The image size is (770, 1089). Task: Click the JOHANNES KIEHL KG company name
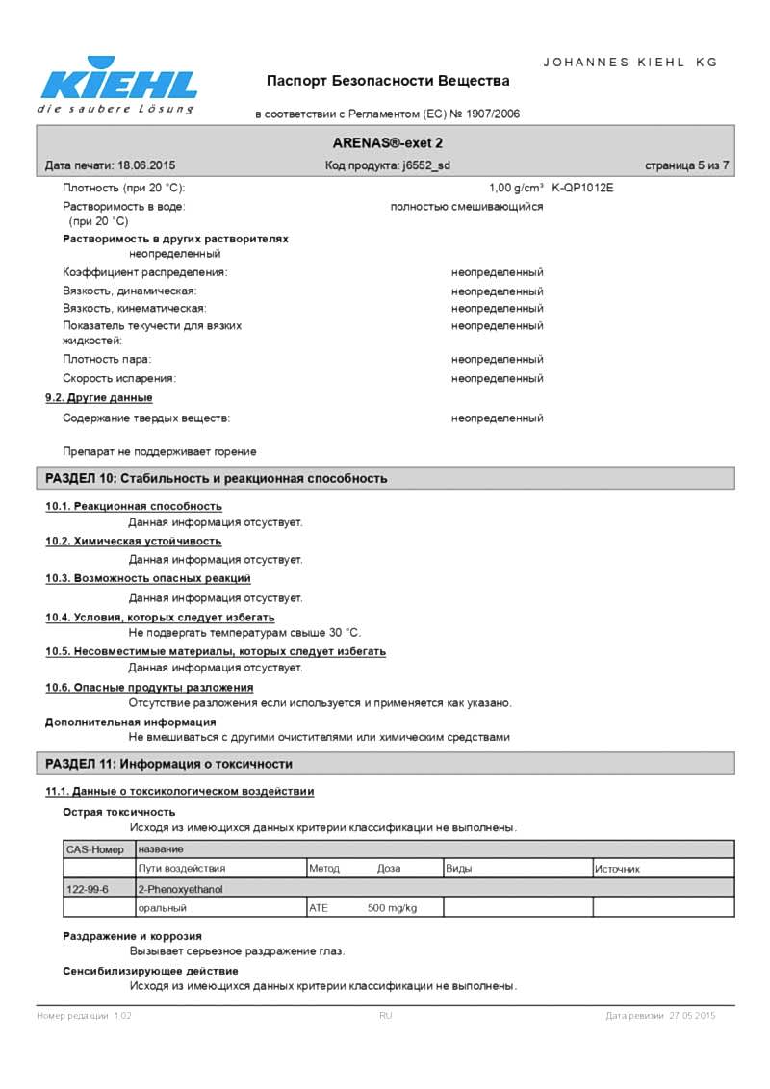pos(630,62)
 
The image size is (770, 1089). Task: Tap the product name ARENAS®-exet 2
pos(388,142)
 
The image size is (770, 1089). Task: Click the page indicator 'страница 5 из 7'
pos(686,165)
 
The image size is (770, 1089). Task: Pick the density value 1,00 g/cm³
pos(516,188)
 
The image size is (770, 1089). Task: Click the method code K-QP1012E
pos(582,188)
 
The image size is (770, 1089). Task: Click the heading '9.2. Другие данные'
pos(99,397)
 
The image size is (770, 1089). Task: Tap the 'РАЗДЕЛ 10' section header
pos(217,478)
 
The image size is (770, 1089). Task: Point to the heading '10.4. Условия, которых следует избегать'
pos(160,617)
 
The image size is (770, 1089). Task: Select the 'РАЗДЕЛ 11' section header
pos(169,764)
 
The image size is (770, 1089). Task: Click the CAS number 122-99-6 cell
pos(88,889)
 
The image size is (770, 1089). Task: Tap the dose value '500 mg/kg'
pos(392,907)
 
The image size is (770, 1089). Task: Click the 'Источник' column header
pos(617,869)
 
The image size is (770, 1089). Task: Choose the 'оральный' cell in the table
pos(162,907)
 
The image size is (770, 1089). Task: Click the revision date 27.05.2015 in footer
pos(692,1016)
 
